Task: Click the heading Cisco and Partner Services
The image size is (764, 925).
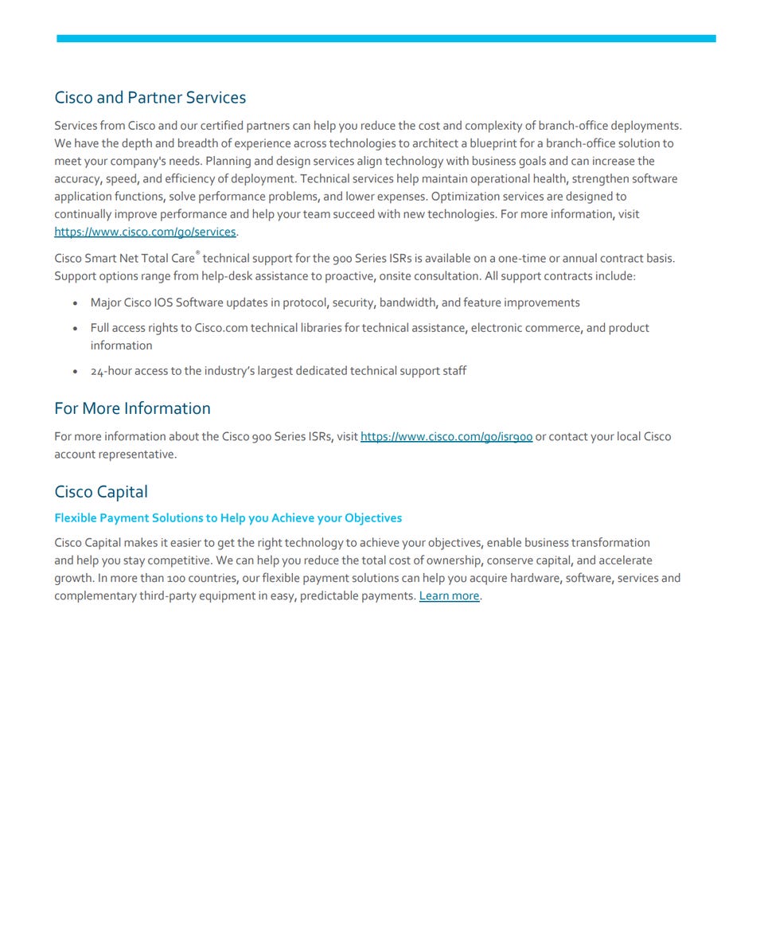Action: click(150, 98)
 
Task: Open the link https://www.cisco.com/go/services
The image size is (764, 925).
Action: click(145, 232)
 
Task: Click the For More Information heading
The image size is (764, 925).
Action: click(132, 408)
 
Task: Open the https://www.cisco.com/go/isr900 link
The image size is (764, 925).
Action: click(446, 436)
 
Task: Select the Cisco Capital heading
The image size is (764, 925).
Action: click(101, 492)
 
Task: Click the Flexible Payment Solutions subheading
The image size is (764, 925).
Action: click(228, 518)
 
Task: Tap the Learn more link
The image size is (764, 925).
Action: click(449, 595)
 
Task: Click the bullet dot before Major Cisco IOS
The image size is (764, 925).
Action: click(75, 303)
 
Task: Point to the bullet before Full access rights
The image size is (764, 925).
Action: click(75, 329)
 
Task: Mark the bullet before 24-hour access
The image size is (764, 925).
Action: click(75, 372)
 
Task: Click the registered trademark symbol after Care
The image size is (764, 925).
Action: click(197, 254)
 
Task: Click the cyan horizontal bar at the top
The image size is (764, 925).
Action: click(386, 38)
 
